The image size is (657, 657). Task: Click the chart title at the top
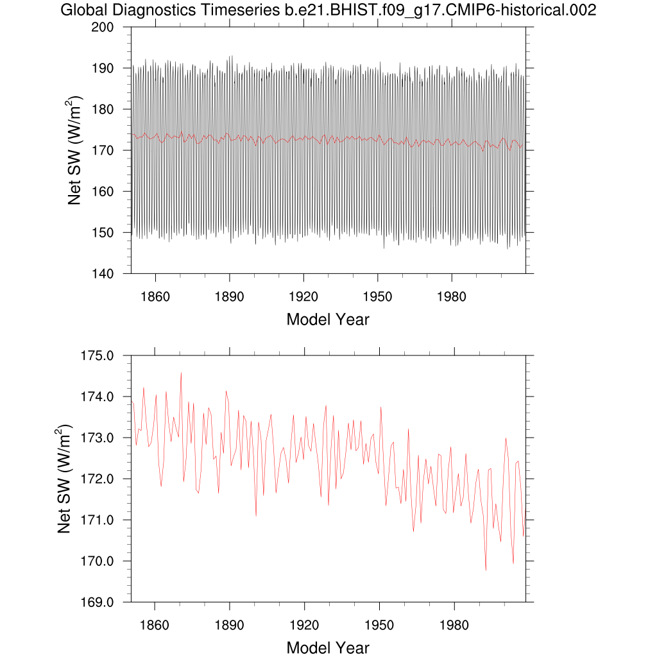click(x=328, y=10)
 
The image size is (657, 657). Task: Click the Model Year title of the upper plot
click(x=328, y=319)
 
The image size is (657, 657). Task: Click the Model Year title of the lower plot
click(x=328, y=647)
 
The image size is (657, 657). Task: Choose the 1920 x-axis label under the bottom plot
click(x=303, y=626)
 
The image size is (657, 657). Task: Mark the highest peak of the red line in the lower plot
click(x=181, y=372)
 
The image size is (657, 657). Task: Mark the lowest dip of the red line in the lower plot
click(x=486, y=570)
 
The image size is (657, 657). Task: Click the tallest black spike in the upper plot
click(x=232, y=56)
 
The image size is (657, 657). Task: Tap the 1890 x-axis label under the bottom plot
click(x=229, y=626)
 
